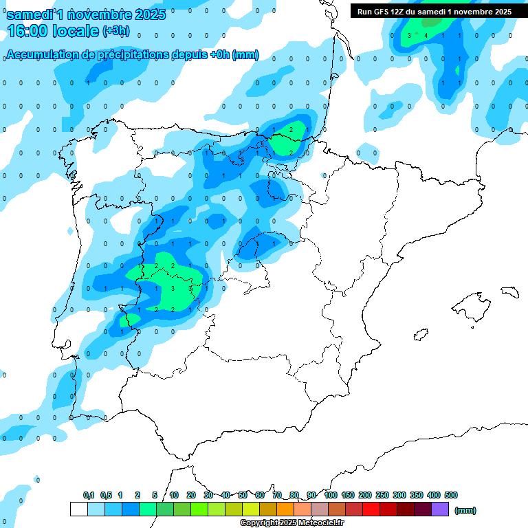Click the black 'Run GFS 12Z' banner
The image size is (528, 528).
tap(434, 11)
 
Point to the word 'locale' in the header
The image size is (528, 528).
tap(76, 30)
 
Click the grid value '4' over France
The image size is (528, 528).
tap(426, 35)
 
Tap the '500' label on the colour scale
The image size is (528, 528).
tap(451, 495)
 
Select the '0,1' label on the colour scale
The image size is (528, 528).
tap(89, 495)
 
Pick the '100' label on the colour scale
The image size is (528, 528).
tap(330, 495)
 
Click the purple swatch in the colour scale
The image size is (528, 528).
tap(440, 509)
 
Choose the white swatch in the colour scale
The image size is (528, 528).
tap(78, 509)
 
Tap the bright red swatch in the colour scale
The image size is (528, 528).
tap(371, 509)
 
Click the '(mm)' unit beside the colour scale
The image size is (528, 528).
tap(465, 510)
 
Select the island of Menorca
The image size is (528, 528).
tap(510, 291)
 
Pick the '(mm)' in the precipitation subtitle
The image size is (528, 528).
tap(245, 55)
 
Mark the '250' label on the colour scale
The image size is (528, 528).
tap(382, 495)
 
